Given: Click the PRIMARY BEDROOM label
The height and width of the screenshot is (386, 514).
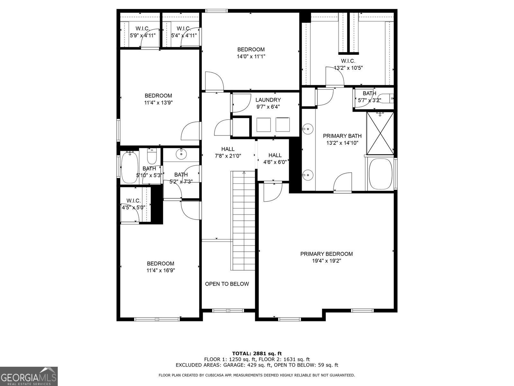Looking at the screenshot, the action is click(x=326, y=254).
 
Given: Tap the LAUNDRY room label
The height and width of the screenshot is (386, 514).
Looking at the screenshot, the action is click(x=268, y=100).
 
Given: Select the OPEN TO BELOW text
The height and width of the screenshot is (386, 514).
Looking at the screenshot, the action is click(x=227, y=284).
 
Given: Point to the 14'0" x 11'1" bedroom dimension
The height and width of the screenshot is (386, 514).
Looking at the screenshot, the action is click(x=251, y=57).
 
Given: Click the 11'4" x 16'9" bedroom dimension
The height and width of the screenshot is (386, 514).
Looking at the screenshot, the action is click(x=161, y=271).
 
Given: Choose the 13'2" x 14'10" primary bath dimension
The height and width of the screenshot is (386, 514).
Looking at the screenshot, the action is click(x=342, y=143).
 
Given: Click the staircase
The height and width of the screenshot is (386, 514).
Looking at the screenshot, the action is click(x=244, y=221).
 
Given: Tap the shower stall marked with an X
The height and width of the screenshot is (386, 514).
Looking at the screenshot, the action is click(x=380, y=133).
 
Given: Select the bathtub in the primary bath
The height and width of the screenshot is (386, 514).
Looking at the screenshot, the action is click(x=380, y=174).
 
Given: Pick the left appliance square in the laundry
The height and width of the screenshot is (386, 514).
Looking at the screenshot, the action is click(x=263, y=125).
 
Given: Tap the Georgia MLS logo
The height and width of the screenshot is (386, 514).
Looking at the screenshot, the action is click(x=29, y=376).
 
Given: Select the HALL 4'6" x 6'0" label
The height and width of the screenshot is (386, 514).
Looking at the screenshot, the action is click(x=275, y=159).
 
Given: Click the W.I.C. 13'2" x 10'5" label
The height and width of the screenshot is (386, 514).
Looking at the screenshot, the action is click(x=348, y=64).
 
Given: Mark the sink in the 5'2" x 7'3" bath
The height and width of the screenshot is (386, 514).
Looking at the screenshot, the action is click(x=181, y=154).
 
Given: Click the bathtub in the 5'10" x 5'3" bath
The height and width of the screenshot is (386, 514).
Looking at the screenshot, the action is click(x=129, y=167).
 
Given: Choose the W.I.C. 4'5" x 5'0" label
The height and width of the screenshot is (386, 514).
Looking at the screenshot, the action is click(x=133, y=204).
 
